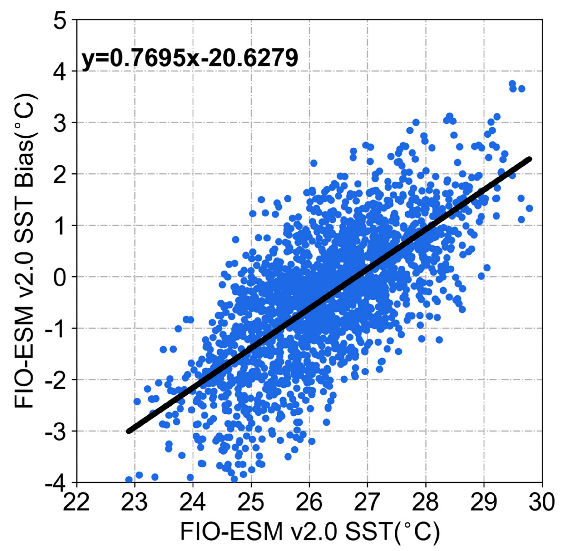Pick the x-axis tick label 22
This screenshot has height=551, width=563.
coord(76,503)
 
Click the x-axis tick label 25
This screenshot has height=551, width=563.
coord(251,503)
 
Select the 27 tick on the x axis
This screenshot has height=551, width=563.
coord(367,503)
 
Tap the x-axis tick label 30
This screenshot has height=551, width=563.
coord(541,503)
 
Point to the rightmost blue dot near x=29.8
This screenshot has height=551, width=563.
coord(529,208)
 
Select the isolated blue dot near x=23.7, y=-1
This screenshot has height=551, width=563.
coord(178,329)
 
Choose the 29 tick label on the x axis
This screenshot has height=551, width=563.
coord(483,503)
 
